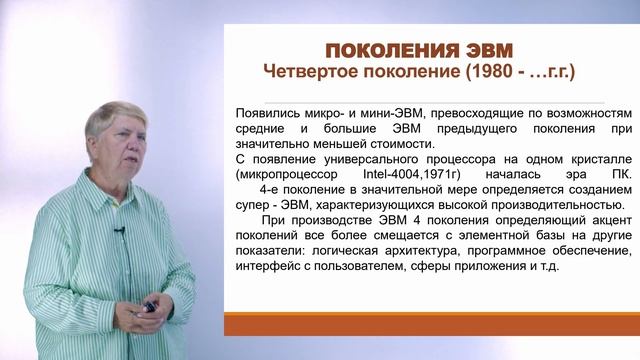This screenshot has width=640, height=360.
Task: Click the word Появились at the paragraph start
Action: (264, 114)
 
